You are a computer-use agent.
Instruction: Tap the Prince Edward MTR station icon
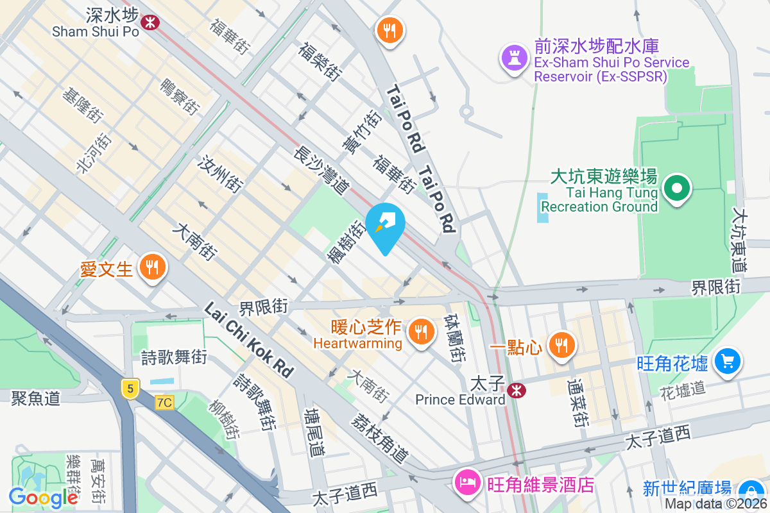515,390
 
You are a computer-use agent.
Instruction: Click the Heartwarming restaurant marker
420,331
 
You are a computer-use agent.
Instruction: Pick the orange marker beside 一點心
561,345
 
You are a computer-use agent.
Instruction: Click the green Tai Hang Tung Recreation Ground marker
676,189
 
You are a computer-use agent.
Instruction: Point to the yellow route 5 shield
130,388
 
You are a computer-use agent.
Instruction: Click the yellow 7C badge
164,402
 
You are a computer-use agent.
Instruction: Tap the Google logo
43,497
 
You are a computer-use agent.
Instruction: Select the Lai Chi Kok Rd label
248,340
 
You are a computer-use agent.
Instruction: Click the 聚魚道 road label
35,398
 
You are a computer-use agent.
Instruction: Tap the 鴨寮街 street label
178,96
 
